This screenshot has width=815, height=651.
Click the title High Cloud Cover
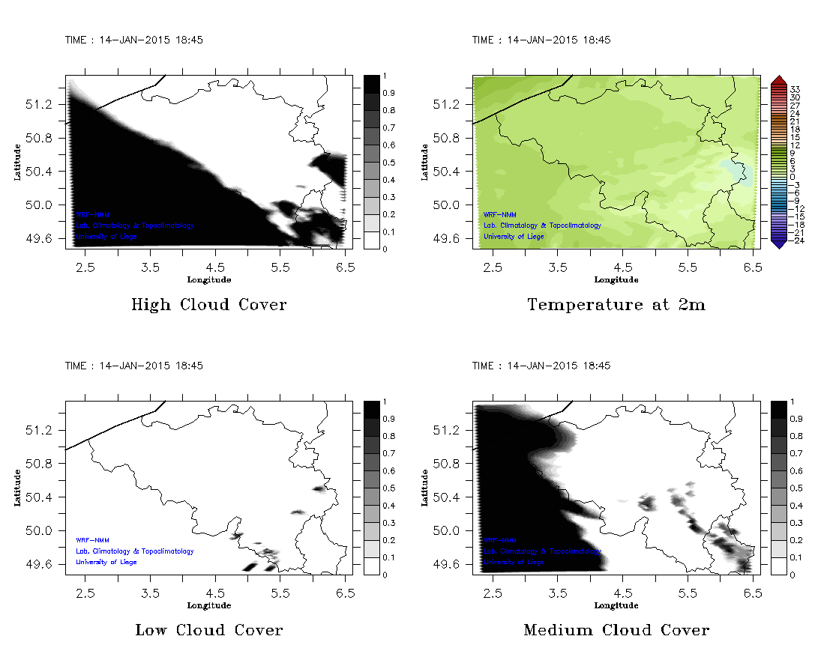point(209,305)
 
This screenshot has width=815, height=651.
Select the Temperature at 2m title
point(616,305)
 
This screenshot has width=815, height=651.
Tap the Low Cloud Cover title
point(209,630)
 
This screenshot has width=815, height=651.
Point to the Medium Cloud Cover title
point(616,630)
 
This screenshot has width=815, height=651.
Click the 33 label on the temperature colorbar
point(796,89)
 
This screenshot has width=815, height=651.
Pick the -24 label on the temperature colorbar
point(796,240)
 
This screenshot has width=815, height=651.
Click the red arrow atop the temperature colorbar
point(778,79)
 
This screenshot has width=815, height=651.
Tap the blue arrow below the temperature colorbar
point(778,243)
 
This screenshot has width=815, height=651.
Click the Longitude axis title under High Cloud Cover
point(209,280)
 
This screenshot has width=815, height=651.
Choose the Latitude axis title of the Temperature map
point(424,163)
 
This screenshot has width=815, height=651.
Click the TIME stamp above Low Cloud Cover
point(134,366)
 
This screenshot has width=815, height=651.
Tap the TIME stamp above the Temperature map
point(541,40)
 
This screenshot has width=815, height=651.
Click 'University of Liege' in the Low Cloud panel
point(106,562)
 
